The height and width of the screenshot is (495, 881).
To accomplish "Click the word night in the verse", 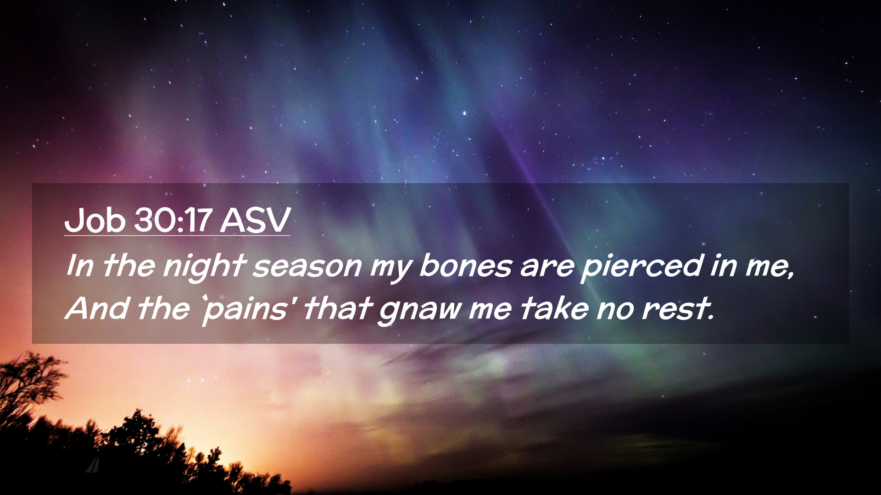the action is (203, 267).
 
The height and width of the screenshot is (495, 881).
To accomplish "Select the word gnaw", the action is (419, 310).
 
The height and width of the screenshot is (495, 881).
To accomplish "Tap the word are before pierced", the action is (546, 268).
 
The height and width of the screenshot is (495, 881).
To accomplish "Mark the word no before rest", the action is (615, 310).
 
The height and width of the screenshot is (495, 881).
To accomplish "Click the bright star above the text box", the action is (464, 112).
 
